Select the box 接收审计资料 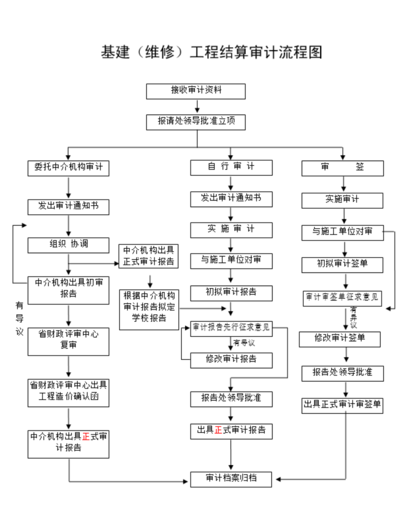pyautogui.click(x=196, y=91)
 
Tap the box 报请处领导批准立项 pyautogui.click(x=196, y=122)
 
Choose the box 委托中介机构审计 pyautogui.click(x=68, y=168)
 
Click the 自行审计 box pyautogui.click(x=231, y=168)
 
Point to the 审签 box pyautogui.click(x=342, y=168)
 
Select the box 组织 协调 pyautogui.click(x=68, y=244)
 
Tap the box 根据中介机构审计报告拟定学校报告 pyautogui.click(x=148, y=309)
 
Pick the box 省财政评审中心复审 pyautogui.click(x=68, y=339)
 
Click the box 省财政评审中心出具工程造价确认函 pyautogui.click(x=68, y=393)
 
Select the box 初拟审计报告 pyautogui.click(x=231, y=291)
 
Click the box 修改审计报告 pyautogui.click(x=231, y=359)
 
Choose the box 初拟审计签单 pyautogui.click(x=342, y=264)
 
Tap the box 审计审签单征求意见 pyautogui.click(x=342, y=297)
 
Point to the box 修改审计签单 pyautogui.click(x=342, y=339)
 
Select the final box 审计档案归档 pyautogui.click(x=231, y=479)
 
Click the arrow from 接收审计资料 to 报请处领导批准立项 pyautogui.click(x=196, y=107)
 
